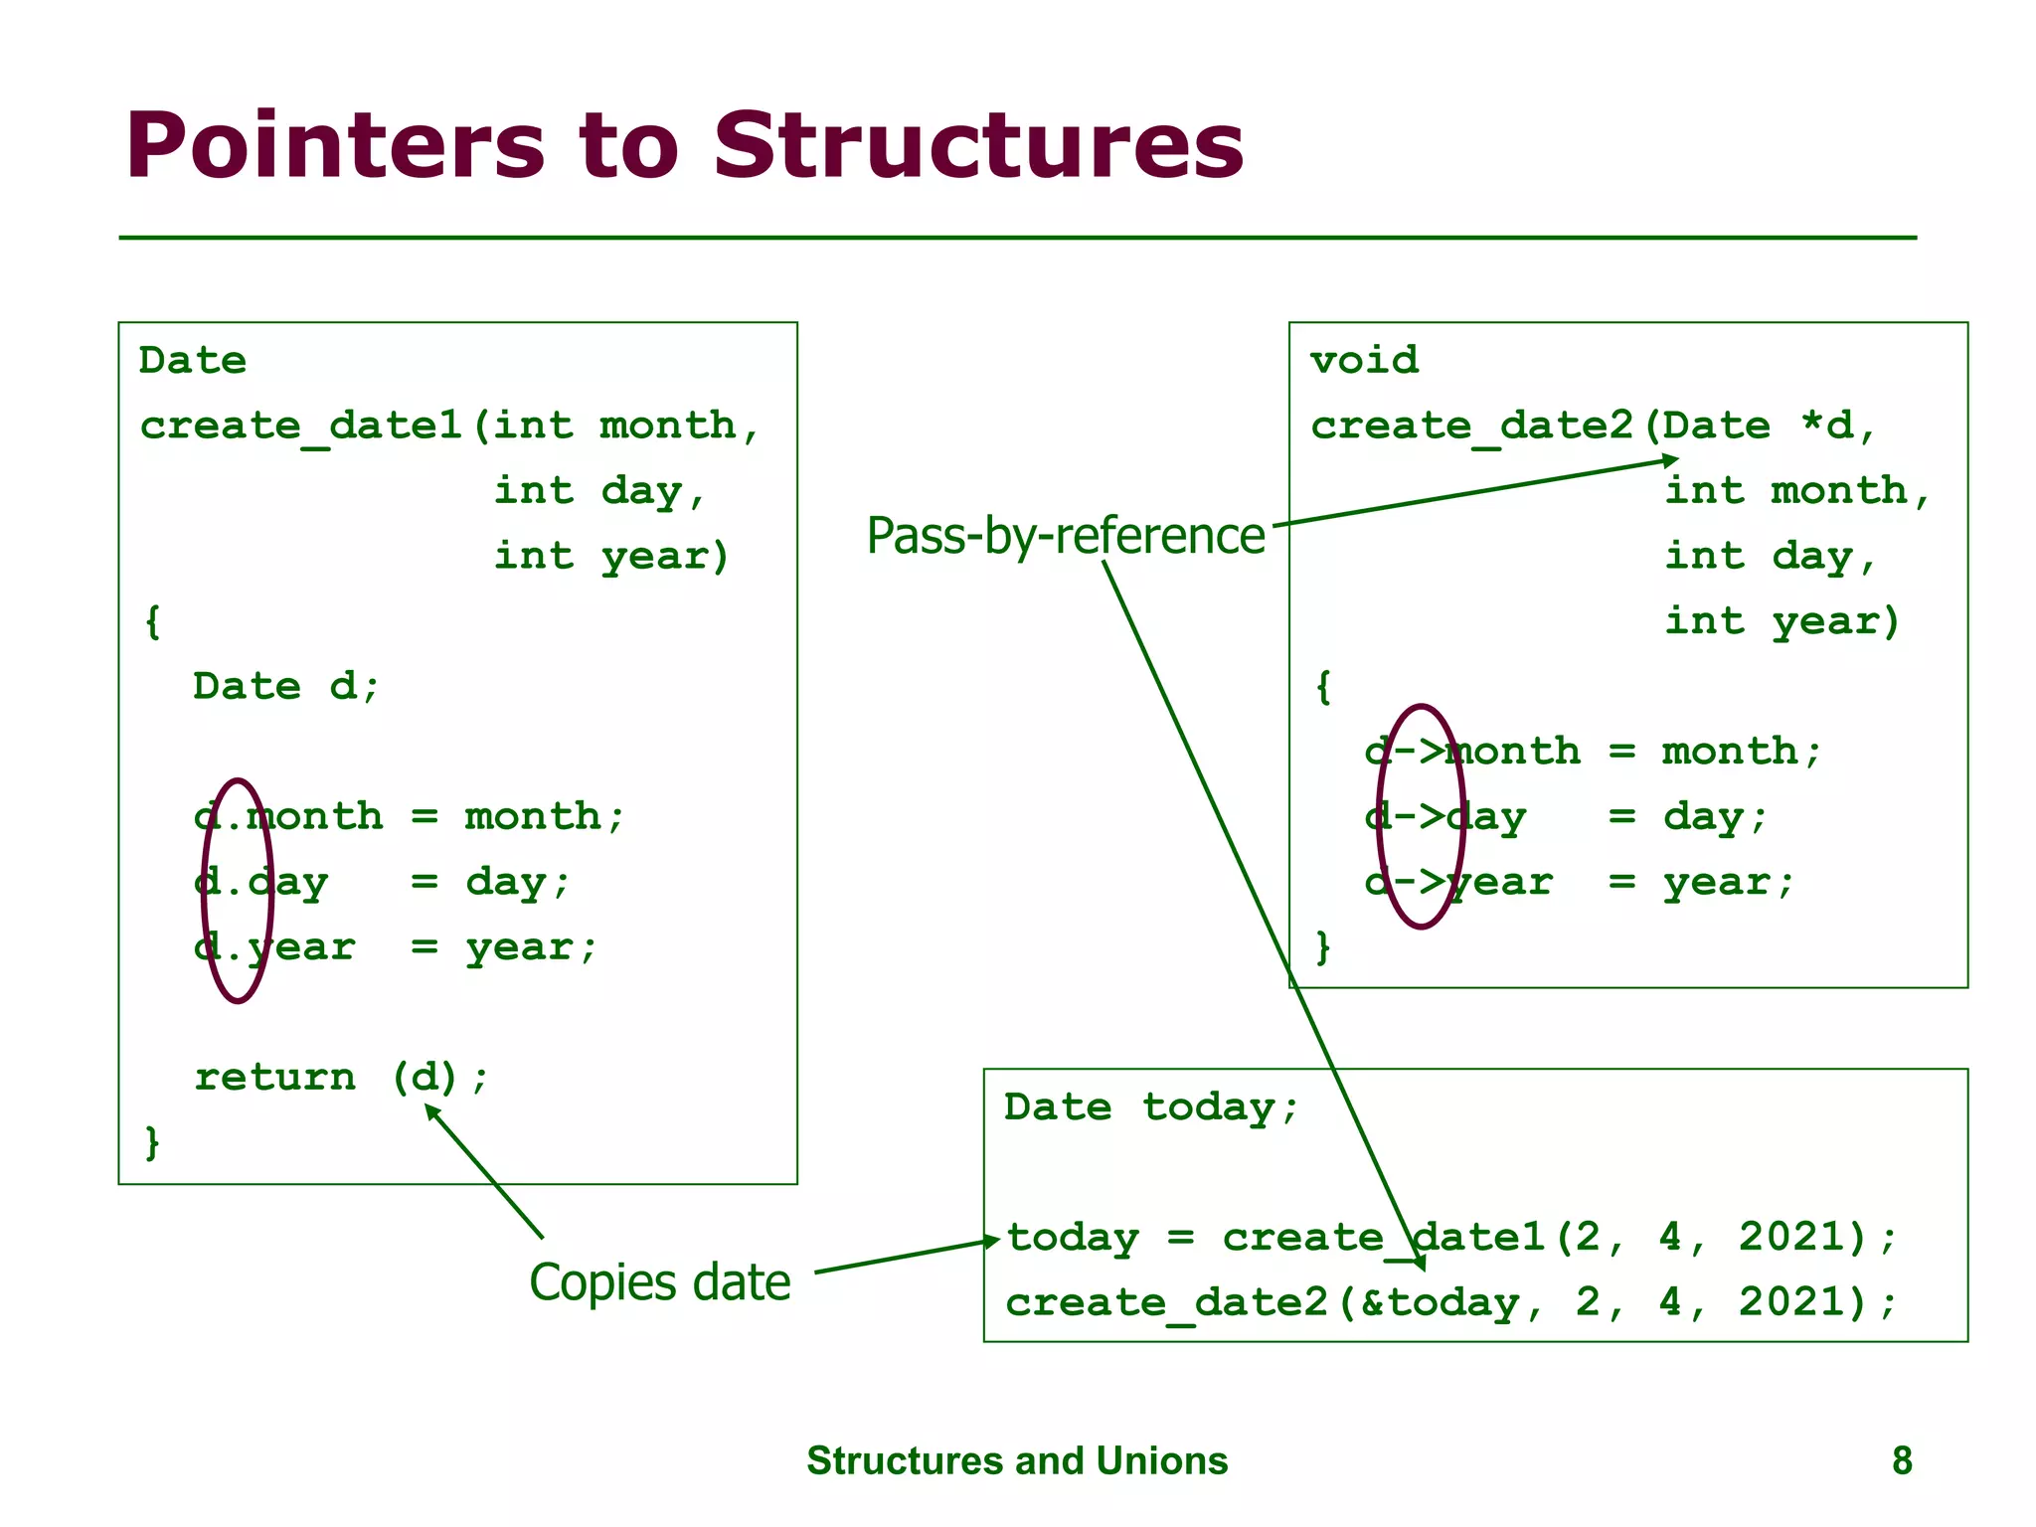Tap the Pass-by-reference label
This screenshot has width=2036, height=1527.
pos(1065,536)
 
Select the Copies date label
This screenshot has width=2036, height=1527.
pos(659,1282)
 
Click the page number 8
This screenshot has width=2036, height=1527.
pos(1902,1460)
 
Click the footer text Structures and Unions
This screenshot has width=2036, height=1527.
pos(1017,1460)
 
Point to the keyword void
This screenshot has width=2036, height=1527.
pos(1364,360)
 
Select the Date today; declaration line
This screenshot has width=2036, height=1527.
pos(1151,1106)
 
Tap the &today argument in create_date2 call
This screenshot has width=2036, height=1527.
pos(1440,1302)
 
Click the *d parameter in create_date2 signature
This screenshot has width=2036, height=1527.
pos(1827,425)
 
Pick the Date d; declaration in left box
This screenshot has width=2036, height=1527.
pos(286,686)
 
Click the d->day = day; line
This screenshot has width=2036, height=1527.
pos(1566,817)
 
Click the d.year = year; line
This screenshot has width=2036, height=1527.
pos(396,947)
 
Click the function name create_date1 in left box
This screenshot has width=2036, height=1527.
pos(300,425)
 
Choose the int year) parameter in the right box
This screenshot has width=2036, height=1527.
pos(1781,621)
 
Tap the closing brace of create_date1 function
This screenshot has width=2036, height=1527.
pos(152,1141)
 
